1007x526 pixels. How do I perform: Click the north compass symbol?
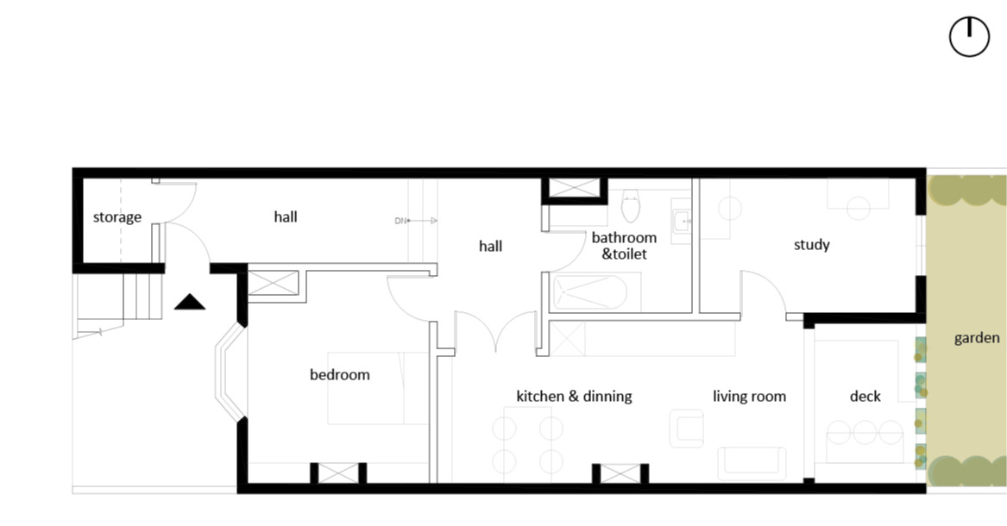[969, 37]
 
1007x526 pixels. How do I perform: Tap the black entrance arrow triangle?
[190, 302]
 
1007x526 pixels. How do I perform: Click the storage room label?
[116, 216]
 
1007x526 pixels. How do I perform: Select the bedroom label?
[340, 374]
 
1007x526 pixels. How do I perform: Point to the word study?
[812, 244]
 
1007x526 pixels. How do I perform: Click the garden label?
[976, 338]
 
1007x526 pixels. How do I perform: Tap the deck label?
[865, 397]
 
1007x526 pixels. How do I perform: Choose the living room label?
[750, 397]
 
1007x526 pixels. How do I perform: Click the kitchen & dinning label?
[574, 397]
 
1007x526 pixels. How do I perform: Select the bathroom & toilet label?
[624, 246]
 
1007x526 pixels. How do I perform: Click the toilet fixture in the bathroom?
[631, 205]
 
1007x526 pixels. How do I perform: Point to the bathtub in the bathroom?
[588, 291]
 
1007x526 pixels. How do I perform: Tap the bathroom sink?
[682, 221]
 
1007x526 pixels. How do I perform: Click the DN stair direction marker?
[416, 221]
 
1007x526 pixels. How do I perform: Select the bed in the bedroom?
[378, 388]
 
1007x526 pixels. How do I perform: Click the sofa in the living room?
[752, 463]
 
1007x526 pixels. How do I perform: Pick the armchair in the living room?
[686, 429]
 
